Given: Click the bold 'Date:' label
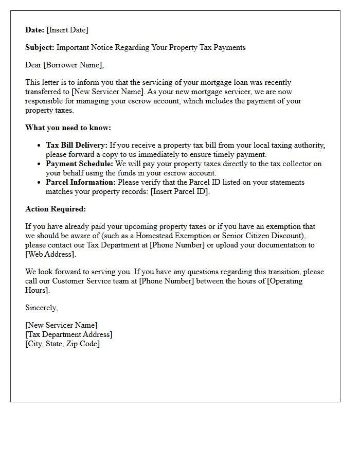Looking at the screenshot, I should (35, 30).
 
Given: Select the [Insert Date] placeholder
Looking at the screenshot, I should (67, 30).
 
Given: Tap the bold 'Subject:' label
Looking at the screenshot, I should (40, 47).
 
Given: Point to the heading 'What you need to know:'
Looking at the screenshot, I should (68, 128).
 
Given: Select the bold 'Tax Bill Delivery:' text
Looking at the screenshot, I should (77, 145).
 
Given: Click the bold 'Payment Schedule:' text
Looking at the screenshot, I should (79, 164).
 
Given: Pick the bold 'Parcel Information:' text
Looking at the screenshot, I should (81, 182).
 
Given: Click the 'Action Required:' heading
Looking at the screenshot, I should (56, 209).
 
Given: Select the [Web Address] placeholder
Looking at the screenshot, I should (50, 254).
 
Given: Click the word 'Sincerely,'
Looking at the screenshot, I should (42, 308).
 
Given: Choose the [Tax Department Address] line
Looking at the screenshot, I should (69, 334).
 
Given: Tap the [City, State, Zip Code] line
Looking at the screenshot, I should (63, 344).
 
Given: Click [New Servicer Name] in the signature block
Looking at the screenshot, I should (61, 325).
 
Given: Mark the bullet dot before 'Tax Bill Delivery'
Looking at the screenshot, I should (39, 146).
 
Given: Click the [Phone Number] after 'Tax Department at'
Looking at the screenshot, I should (177, 245).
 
